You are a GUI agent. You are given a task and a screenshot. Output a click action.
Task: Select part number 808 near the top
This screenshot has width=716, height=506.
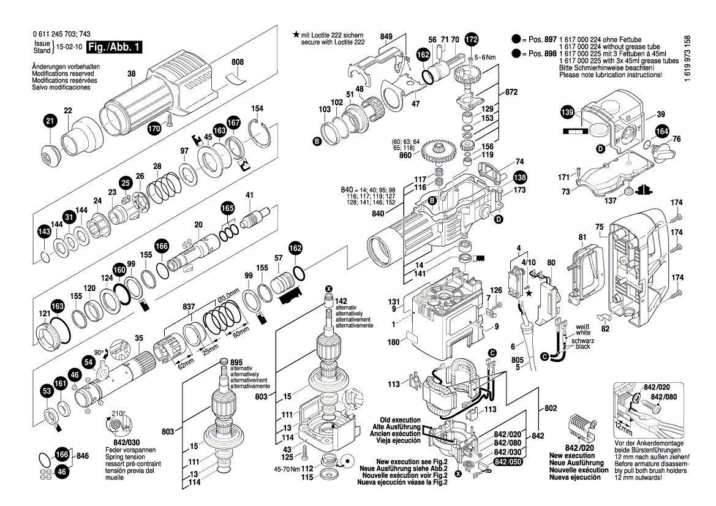click(x=238, y=62)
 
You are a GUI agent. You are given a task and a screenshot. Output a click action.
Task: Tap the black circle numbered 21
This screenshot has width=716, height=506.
click(x=50, y=122)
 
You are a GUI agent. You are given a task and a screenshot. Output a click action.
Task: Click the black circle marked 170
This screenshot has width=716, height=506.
click(x=154, y=129)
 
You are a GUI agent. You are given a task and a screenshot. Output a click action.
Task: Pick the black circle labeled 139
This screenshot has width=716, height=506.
click(x=568, y=113)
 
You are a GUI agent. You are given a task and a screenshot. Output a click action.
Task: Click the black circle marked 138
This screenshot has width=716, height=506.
click(x=519, y=178)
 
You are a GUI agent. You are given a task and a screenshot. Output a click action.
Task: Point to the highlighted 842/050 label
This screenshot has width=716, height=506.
click(x=508, y=461)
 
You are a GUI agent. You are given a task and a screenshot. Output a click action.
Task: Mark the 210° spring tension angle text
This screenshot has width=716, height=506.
click(x=118, y=412)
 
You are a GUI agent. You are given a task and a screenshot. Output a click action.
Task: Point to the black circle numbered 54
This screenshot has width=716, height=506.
click(x=88, y=363)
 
